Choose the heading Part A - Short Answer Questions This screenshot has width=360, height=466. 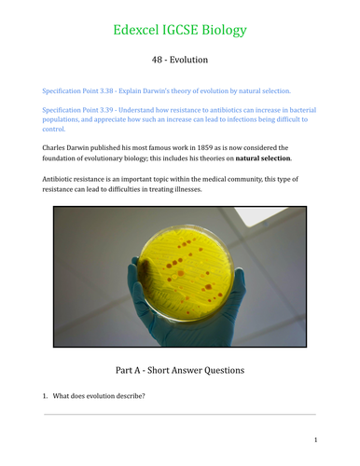tap(179, 370)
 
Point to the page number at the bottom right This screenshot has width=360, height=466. tap(316, 439)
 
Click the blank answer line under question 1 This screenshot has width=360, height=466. tap(179, 415)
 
